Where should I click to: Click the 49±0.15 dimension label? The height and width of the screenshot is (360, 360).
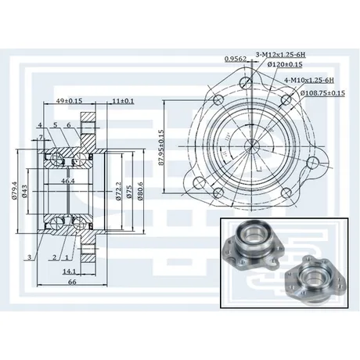tap(69, 100)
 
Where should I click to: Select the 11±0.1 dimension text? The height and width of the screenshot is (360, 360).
tap(124, 100)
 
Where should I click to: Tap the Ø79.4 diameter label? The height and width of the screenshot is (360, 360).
tap(15, 190)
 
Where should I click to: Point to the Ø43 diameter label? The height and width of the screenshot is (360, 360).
tap(24, 191)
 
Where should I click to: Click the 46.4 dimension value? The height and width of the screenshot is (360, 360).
tap(68, 181)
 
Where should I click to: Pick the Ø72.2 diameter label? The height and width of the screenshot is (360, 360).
tap(118, 191)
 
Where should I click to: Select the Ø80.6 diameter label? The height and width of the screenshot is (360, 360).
tap(140, 191)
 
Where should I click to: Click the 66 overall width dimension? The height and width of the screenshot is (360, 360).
tap(72, 282)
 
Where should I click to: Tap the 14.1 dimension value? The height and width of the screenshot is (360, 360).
tap(69, 272)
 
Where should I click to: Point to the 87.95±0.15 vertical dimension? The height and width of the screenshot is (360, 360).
tap(161, 147)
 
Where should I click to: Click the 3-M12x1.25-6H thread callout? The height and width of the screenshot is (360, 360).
tap(280, 55)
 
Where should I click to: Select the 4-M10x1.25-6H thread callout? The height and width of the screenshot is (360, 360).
tap(309, 80)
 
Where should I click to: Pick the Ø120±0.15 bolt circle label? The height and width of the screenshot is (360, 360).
tap(285, 64)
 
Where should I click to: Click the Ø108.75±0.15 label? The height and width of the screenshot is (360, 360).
tap(322, 93)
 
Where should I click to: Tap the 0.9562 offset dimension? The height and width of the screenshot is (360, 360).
tap(236, 59)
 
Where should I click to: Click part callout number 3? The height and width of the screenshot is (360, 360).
tap(30, 257)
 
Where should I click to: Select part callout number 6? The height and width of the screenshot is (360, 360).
tap(69, 125)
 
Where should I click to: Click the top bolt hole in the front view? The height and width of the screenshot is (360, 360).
tap(246, 82)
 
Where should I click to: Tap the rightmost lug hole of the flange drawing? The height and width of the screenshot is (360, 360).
tap(312, 163)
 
